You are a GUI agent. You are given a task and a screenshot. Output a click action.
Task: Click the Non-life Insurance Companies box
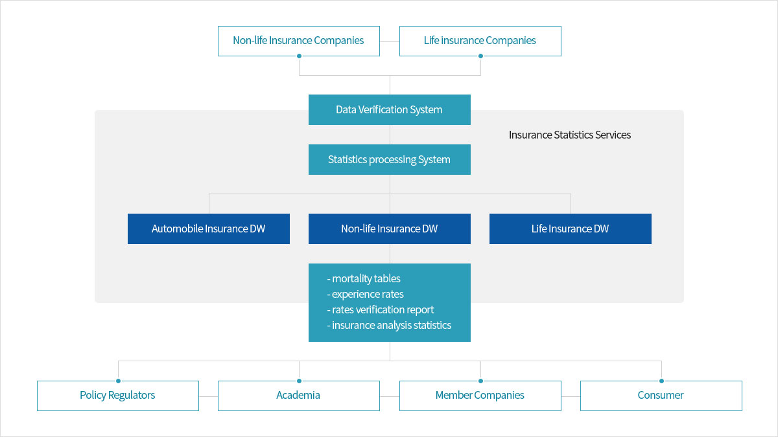[x=299, y=41]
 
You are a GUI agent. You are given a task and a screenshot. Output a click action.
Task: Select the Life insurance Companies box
[x=480, y=41]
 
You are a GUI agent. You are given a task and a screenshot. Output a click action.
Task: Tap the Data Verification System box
[x=390, y=109]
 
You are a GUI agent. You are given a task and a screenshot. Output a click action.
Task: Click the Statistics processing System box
[x=390, y=159]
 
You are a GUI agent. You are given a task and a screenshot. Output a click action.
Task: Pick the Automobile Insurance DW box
[x=208, y=229]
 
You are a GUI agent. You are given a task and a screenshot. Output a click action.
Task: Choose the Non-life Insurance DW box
[x=390, y=229]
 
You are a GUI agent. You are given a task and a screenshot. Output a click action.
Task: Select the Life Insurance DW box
[x=571, y=229]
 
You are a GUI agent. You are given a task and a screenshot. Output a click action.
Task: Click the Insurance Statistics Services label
[x=570, y=135]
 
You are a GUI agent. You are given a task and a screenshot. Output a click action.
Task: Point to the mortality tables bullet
[x=364, y=278]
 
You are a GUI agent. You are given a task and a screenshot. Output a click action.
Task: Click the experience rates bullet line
[x=365, y=294]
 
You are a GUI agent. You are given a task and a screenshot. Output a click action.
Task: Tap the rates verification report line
[x=381, y=309]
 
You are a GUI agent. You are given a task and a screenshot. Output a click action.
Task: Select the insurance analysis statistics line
[x=389, y=325]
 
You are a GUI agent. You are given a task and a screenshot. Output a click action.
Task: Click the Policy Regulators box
[x=118, y=396]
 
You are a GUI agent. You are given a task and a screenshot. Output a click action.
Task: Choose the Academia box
[x=299, y=396]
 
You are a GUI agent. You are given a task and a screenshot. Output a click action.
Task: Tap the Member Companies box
[x=480, y=396]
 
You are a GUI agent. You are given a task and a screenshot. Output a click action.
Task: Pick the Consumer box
[x=661, y=396]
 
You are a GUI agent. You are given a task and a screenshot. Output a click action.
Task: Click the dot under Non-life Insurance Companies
[x=299, y=56]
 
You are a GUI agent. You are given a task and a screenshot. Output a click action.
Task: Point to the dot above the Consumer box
[x=662, y=381]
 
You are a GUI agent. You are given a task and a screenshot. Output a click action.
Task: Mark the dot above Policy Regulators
[x=119, y=381]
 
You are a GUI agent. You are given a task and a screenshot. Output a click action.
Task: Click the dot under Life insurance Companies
[x=480, y=56]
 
